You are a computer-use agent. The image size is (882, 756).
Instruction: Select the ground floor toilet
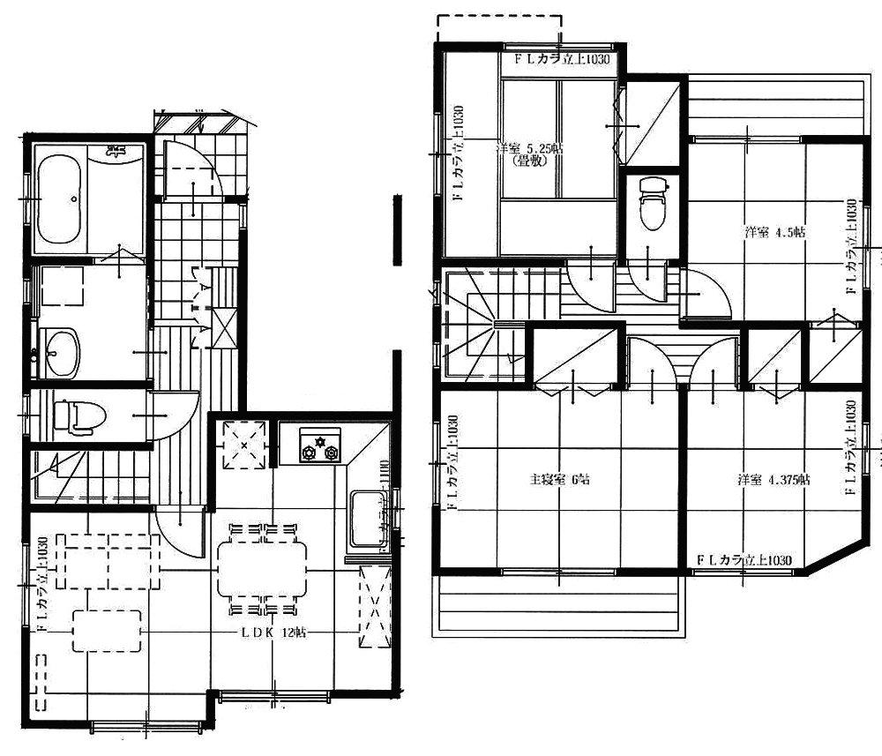pos(74,415)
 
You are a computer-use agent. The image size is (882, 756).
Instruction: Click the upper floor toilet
pos(653,205)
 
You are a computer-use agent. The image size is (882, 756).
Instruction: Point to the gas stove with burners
pos(319,447)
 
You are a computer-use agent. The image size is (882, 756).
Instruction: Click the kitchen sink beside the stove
pos(364,519)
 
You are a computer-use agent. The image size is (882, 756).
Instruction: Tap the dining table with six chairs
pos(262,569)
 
